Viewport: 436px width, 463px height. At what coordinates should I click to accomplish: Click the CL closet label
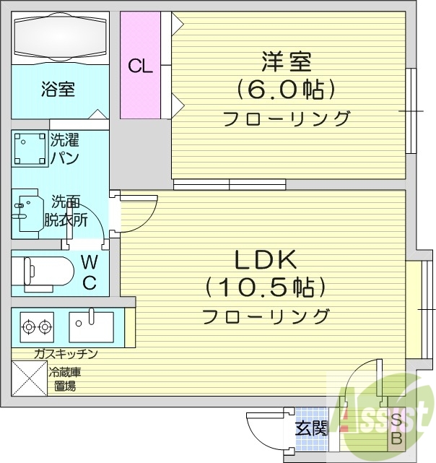141,66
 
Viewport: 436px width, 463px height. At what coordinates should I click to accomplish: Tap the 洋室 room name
286,62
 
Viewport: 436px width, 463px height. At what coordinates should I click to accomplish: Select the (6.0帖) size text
286,90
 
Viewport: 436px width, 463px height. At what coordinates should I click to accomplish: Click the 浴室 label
58,90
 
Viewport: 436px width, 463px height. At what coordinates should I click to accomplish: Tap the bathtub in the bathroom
60,37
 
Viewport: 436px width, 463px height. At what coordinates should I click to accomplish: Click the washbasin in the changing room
27,211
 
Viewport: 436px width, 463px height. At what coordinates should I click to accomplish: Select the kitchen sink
91,327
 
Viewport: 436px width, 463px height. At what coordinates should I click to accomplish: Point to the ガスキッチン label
65,353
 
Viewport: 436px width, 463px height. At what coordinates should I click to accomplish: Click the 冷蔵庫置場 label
65,378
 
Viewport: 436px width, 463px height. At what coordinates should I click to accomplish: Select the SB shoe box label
396,429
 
